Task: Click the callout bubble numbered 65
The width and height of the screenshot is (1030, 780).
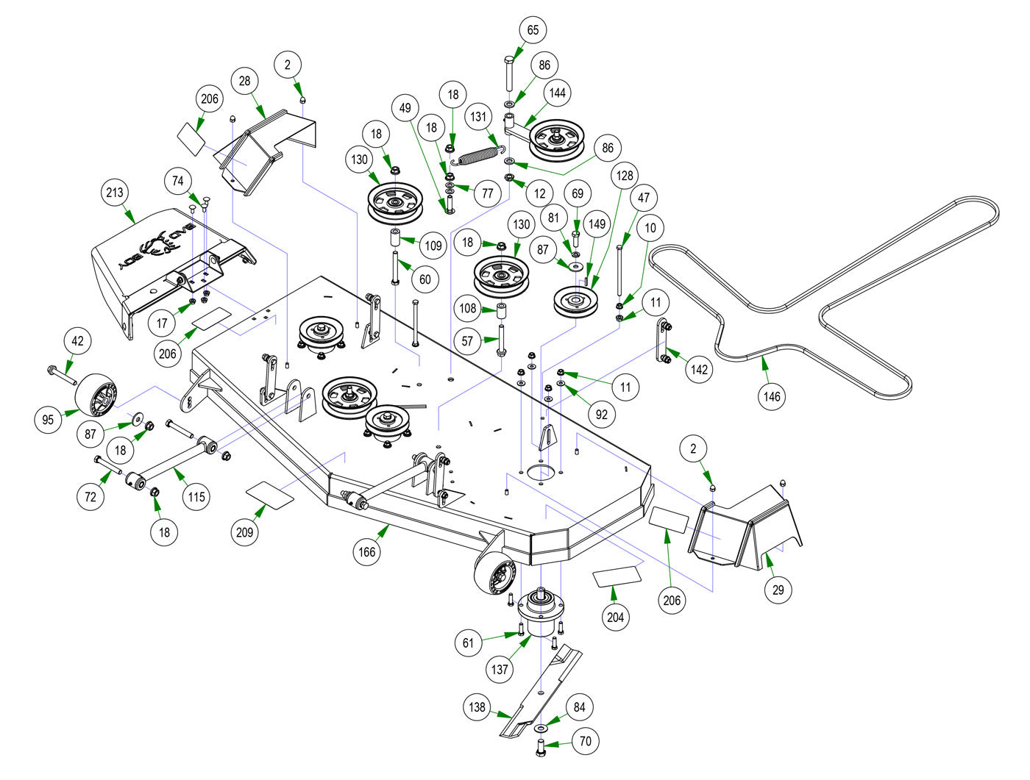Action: click(x=533, y=30)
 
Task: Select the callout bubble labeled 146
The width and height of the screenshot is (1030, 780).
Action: click(x=772, y=396)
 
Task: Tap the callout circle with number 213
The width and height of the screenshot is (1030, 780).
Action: click(x=116, y=193)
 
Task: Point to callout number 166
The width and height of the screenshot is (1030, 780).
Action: click(x=366, y=551)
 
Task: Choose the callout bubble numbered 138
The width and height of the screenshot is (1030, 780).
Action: click(x=477, y=707)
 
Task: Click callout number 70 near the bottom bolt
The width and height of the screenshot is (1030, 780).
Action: click(x=586, y=741)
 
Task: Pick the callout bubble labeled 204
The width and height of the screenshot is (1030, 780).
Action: click(x=616, y=617)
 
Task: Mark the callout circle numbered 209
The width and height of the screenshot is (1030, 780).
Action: click(x=244, y=532)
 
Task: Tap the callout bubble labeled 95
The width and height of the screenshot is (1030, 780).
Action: click(x=49, y=420)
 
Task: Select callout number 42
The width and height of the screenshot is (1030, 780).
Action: click(x=78, y=341)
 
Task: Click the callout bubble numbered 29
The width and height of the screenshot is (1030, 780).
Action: click(x=778, y=590)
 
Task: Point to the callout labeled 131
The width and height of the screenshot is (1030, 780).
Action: click(x=479, y=117)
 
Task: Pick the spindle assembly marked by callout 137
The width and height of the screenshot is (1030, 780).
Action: click(x=543, y=610)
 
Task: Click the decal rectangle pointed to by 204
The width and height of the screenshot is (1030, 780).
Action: click(x=618, y=575)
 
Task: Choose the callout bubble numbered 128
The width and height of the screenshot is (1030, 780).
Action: click(x=625, y=176)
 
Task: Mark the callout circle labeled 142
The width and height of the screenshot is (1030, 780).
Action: click(x=699, y=368)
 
